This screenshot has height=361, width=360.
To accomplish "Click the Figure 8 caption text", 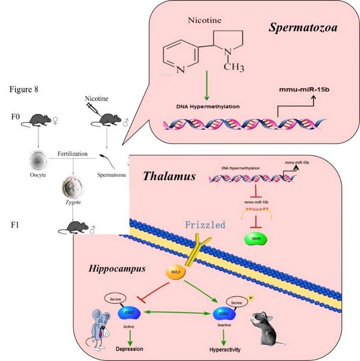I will click(x=25, y=89).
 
